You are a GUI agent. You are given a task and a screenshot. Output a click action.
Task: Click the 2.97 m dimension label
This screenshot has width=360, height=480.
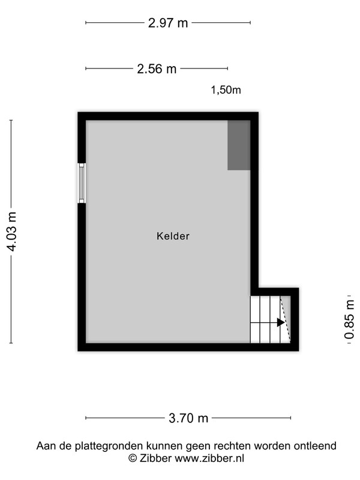(168, 23)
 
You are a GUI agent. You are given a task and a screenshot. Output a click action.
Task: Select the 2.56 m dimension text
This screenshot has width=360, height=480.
(157, 69)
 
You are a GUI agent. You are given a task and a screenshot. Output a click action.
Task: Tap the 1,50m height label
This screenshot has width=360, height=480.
(226, 90)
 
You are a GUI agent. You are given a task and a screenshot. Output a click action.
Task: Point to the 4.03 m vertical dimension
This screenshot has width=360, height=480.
(11, 232)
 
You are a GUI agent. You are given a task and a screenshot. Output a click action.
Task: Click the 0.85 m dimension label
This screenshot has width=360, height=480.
(349, 319)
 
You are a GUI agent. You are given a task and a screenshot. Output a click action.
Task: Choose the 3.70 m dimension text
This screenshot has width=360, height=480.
(188, 418)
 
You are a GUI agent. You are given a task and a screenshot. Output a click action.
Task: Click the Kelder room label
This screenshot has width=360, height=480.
(173, 236)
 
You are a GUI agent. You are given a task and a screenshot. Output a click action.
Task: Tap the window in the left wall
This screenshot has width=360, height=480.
(82, 183)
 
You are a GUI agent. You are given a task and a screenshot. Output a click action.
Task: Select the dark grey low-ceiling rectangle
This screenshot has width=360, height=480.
(239, 145)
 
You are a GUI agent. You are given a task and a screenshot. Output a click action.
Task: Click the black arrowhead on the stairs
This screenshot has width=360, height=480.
(281, 322)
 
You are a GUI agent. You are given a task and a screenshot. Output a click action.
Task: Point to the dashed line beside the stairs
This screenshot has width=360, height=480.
(286, 319)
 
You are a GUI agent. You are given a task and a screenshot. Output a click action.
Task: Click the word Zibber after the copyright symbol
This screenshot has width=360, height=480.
(155, 458)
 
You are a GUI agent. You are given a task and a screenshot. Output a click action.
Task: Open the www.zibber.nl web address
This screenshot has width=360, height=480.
(209, 458)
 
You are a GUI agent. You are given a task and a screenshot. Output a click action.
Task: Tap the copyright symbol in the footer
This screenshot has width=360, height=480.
(133, 458)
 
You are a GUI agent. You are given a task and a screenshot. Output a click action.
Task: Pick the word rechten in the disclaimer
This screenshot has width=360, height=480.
(232, 446)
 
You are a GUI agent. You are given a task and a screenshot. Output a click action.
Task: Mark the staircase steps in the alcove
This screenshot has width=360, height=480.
(265, 319)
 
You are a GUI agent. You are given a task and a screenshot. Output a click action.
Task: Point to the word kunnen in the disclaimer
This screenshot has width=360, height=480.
(164, 446)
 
